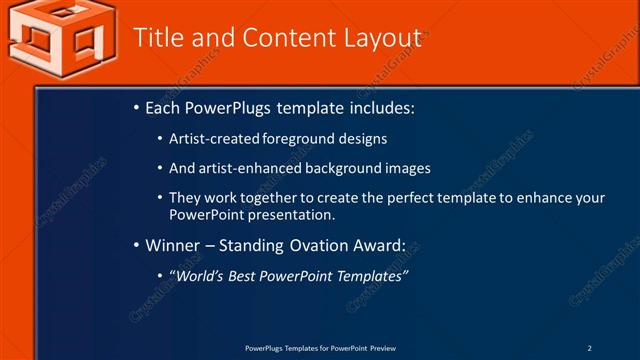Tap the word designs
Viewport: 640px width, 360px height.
[x=363, y=139]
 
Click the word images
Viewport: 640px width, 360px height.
[x=409, y=168]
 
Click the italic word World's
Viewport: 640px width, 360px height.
[x=201, y=275]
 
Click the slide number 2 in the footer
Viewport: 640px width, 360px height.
[x=589, y=348]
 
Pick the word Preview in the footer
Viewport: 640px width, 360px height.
[x=383, y=348]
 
